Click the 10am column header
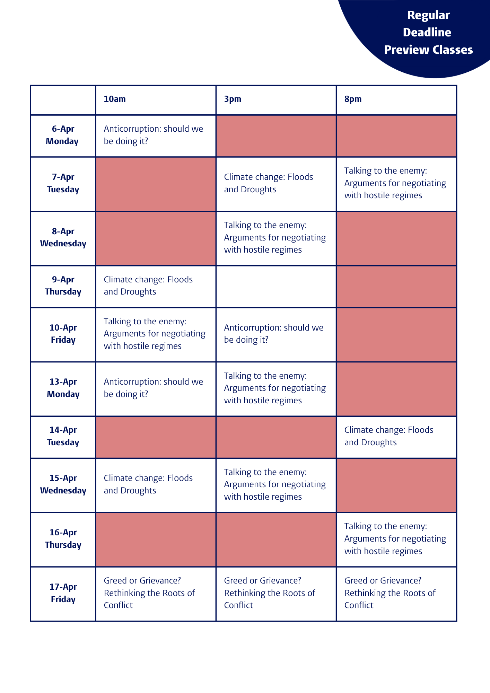point(115,99)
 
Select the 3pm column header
point(233,99)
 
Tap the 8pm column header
point(353,99)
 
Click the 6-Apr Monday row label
point(63,135)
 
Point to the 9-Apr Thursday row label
point(63,286)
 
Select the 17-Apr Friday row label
point(63,593)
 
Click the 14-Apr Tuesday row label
point(63,436)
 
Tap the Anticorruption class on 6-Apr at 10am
point(153,135)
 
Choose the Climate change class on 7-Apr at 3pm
point(268,183)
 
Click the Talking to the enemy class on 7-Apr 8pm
point(395,183)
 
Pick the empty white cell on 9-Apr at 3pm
point(276,287)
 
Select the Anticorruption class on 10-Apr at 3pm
point(273,334)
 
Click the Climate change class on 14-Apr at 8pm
point(388,436)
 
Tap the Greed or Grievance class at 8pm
point(390,593)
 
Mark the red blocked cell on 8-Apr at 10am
point(156,238)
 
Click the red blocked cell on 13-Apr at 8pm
point(396,389)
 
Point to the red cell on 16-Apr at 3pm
point(276,540)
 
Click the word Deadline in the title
point(427,33)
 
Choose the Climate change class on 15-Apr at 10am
point(148,484)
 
